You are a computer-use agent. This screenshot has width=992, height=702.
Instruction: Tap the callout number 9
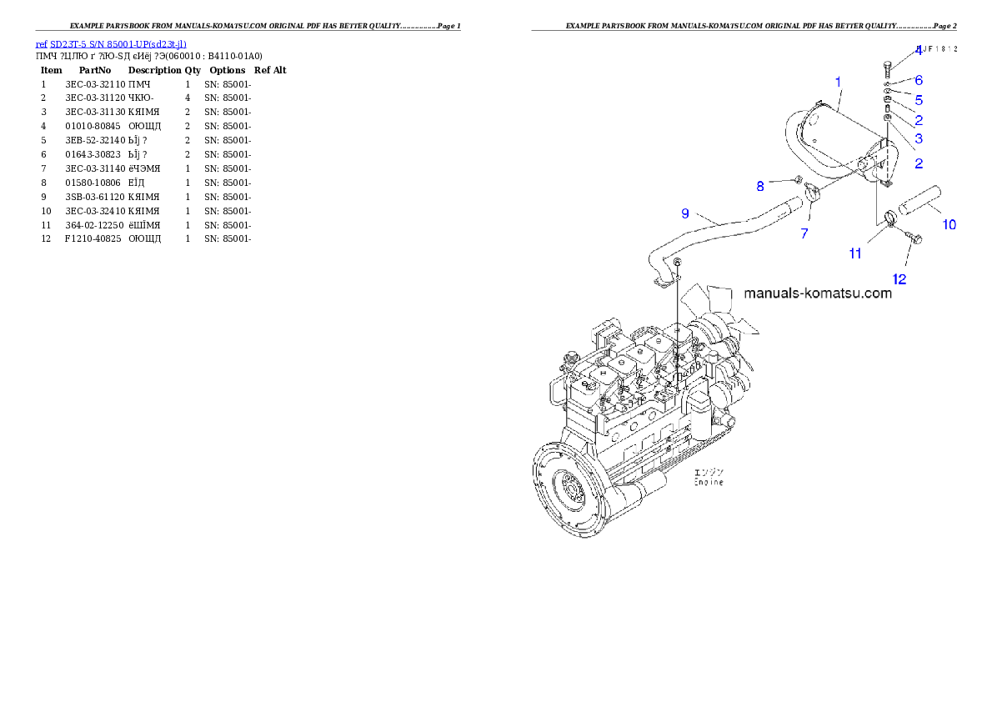click(x=685, y=213)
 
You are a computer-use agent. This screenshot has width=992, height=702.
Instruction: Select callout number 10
click(x=949, y=224)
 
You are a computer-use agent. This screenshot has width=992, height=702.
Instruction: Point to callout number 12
click(x=900, y=279)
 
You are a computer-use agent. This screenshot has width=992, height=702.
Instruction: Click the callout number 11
click(x=855, y=253)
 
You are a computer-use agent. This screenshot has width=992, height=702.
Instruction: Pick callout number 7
click(x=804, y=234)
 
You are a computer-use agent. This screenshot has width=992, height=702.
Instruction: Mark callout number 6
click(x=919, y=81)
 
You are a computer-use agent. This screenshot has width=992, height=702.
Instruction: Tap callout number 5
click(x=919, y=100)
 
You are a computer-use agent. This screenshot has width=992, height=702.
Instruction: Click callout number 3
click(x=919, y=138)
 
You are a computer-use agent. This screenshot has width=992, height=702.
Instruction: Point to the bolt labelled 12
click(x=914, y=239)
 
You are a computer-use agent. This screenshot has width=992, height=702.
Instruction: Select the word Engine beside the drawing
click(x=709, y=483)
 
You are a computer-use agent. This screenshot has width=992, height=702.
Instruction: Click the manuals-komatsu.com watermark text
click(x=817, y=293)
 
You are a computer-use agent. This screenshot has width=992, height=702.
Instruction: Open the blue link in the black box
click(x=111, y=43)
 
